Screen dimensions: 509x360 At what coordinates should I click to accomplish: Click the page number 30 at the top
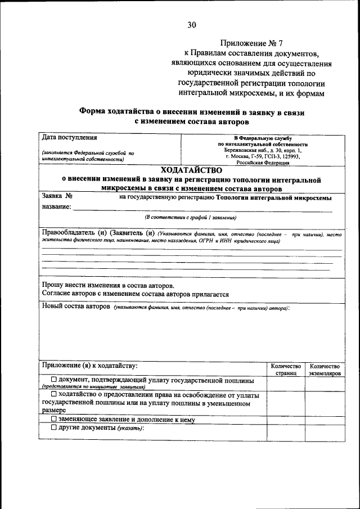[x=192, y=24]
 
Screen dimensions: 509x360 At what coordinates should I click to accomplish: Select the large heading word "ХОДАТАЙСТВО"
[x=191, y=170]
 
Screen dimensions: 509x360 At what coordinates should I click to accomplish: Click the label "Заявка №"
[x=57, y=197]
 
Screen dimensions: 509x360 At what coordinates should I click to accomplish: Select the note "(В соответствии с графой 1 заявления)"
[x=191, y=217]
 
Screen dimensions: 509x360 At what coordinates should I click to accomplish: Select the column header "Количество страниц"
[x=286, y=369]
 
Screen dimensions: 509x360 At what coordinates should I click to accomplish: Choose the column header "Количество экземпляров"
[x=325, y=369]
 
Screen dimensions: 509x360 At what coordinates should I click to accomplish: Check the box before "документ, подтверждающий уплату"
[x=53, y=380]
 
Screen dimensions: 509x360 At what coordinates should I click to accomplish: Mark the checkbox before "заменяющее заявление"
[x=53, y=419]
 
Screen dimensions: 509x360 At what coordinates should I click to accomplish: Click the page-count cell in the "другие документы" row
[x=286, y=432]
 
